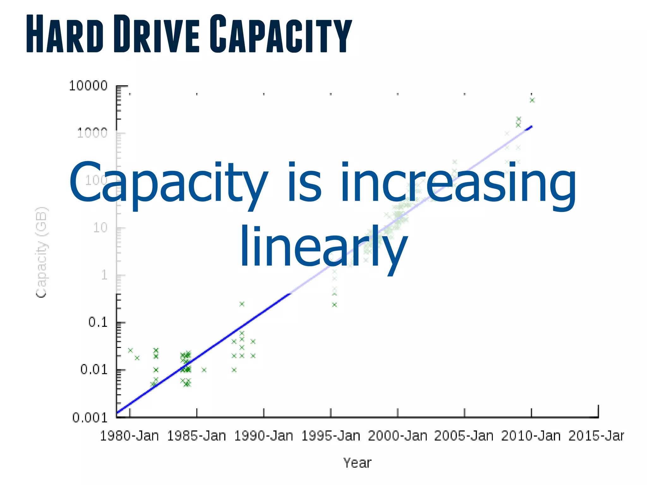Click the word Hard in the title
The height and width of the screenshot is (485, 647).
(x=65, y=34)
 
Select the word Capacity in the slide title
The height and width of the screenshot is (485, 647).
(x=281, y=34)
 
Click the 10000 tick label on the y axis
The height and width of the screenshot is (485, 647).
(x=88, y=86)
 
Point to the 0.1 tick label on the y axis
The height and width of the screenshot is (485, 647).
(x=98, y=322)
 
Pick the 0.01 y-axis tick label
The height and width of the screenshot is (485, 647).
(x=94, y=369)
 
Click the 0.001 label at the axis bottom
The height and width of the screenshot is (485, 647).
(x=90, y=418)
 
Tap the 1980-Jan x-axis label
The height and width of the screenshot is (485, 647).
(x=129, y=436)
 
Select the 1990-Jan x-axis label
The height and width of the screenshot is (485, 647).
(x=263, y=436)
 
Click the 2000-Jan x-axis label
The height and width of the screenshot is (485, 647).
(x=397, y=436)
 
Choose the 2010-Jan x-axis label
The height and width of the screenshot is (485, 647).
(x=531, y=436)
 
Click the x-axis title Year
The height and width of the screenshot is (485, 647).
(x=357, y=463)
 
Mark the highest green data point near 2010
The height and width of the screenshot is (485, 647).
(x=532, y=100)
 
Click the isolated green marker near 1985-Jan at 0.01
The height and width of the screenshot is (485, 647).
(x=204, y=370)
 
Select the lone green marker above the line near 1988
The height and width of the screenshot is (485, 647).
(x=242, y=304)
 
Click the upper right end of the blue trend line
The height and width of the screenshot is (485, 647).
(x=531, y=127)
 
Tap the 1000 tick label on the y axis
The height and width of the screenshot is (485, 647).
(x=92, y=133)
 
